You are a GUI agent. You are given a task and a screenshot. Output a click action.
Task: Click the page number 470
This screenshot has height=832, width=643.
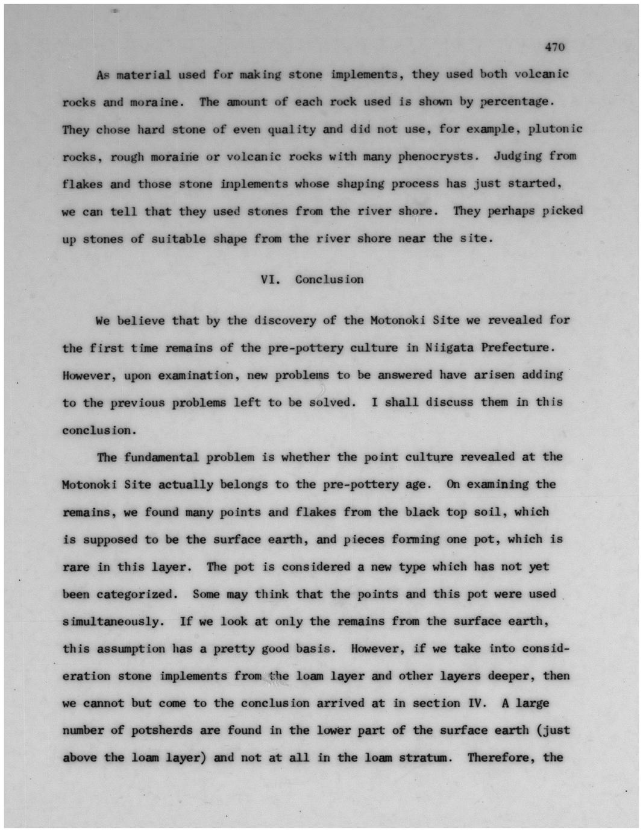tap(554, 47)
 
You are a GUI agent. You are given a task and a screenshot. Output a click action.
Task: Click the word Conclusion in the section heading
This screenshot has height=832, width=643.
tap(329, 279)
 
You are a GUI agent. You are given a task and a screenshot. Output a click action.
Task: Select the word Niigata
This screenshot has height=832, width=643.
tap(449, 347)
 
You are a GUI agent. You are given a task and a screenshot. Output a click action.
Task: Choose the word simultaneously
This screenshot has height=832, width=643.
tap(112, 621)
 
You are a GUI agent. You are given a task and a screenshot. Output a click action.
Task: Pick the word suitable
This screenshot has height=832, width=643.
tap(178, 238)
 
